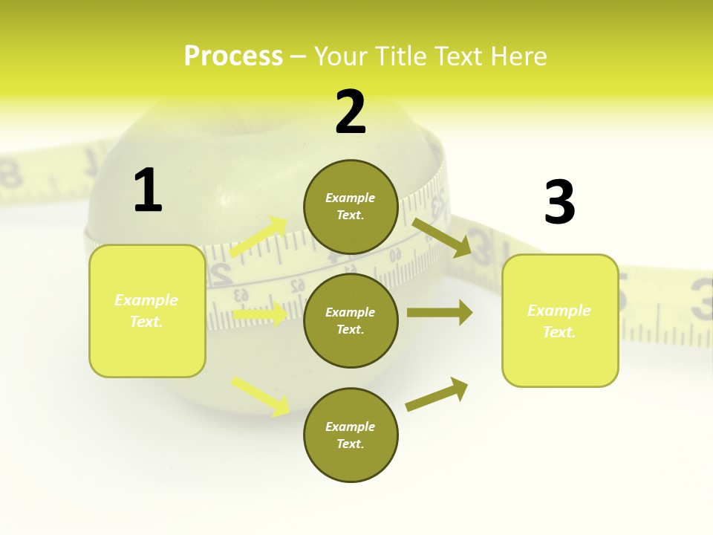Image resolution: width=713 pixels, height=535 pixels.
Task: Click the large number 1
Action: tap(148, 190)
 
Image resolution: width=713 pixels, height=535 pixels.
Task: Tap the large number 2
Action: tap(351, 112)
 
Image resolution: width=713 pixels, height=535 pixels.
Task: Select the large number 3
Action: tap(559, 202)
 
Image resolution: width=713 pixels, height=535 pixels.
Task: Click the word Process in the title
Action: tap(233, 56)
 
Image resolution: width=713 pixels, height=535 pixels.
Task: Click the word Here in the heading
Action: tap(518, 56)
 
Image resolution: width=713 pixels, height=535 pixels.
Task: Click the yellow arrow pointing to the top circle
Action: tap(258, 237)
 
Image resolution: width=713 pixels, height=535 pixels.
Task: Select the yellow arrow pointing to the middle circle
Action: tap(260, 315)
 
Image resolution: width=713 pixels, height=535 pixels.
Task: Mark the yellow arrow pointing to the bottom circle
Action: tap(261, 395)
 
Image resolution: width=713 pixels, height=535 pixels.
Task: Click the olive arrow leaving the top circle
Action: tap(442, 237)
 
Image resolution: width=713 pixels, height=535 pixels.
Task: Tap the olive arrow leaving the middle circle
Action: tap(440, 313)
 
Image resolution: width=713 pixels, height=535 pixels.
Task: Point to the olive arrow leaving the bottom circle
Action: tap(437, 394)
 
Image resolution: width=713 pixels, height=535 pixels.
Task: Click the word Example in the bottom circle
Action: tap(351, 427)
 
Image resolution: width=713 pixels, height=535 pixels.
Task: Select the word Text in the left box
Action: tap(146, 322)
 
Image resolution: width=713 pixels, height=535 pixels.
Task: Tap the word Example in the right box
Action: tap(559, 311)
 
